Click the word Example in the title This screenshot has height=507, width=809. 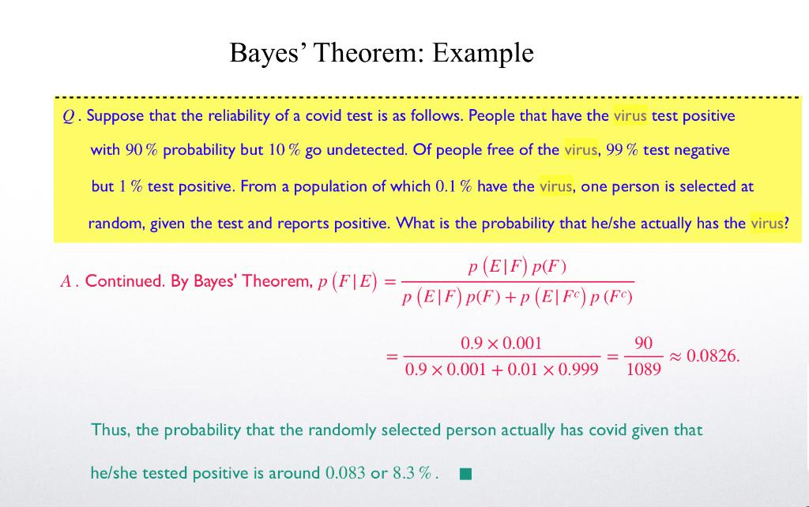[x=484, y=53]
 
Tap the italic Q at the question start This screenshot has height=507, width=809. [x=68, y=117]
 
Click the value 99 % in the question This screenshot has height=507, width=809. [x=623, y=150]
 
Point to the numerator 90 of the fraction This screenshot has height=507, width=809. [x=643, y=344]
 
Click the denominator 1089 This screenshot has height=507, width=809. [x=643, y=369]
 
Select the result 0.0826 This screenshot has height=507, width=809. [x=713, y=356]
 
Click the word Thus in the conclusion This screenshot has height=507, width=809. [x=109, y=430]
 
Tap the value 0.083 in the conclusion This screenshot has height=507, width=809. [x=345, y=474]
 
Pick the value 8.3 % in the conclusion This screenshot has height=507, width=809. [x=415, y=474]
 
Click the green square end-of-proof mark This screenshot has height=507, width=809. [x=466, y=475]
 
